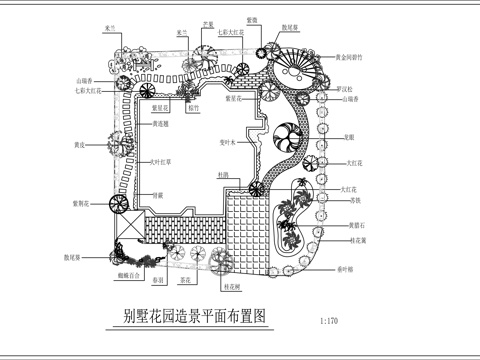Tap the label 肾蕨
pos(158,196)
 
